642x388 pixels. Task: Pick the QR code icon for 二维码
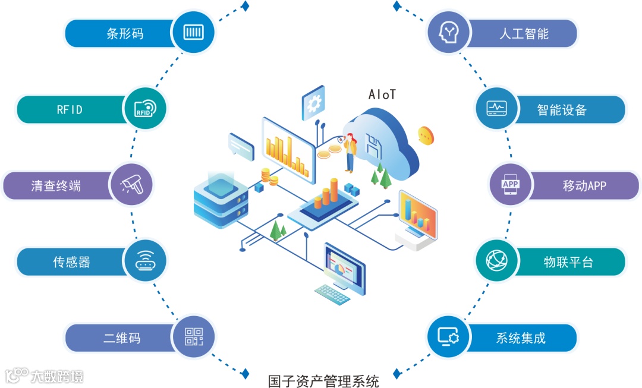coord(193,337)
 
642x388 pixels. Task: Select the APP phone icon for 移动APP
coord(511,185)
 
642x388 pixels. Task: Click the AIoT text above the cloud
coord(382,94)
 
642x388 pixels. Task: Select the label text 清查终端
coord(56,186)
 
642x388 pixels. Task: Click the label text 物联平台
coord(568,262)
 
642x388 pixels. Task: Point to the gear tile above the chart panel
coord(313,103)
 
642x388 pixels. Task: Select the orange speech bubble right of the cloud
coord(426,135)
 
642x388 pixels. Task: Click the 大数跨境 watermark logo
coord(45,376)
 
